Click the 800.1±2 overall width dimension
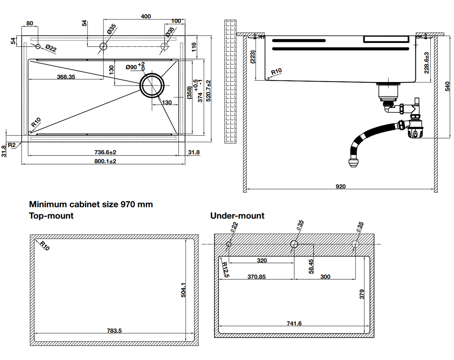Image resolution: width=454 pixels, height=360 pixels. pyautogui.click(x=105, y=161)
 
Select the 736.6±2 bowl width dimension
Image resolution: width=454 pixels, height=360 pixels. pyautogui.click(x=105, y=152)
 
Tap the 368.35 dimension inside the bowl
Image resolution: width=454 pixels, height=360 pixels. pyautogui.click(x=66, y=77)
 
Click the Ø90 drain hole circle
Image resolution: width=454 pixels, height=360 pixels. pyautogui.click(x=152, y=85)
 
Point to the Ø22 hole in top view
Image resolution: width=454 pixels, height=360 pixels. pyautogui.click(x=38, y=46)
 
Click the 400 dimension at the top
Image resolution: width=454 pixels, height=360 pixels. pyautogui.click(x=146, y=16)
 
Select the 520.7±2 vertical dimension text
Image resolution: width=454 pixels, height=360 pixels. pyautogui.click(x=208, y=91)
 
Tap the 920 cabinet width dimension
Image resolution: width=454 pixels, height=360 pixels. pyautogui.click(x=340, y=187)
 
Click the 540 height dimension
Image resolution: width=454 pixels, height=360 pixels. pyautogui.click(x=447, y=86)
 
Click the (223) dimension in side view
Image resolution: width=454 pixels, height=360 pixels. pyautogui.click(x=253, y=57)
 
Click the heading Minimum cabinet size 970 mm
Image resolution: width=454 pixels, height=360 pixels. pyautogui.click(x=91, y=204)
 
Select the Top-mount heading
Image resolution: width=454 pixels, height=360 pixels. pyautogui.click(x=51, y=216)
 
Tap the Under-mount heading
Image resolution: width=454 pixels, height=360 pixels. pyautogui.click(x=237, y=216)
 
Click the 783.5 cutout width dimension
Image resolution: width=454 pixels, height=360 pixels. pyautogui.click(x=114, y=331)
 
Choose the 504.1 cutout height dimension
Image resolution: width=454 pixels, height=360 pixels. pyautogui.click(x=183, y=290)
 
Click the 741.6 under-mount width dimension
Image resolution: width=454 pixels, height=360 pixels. pyautogui.click(x=294, y=323)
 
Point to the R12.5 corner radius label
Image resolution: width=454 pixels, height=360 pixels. pyautogui.click(x=225, y=270)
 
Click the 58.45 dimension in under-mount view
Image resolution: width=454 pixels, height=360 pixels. pyautogui.click(x=311, y=266)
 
